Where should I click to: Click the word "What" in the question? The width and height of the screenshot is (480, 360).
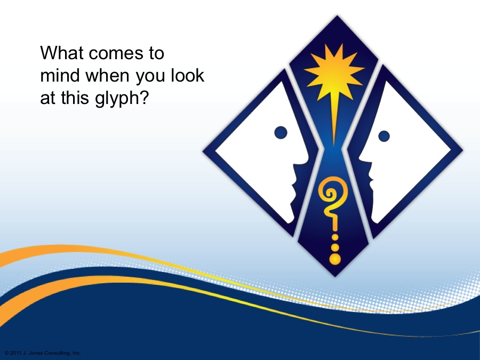click(x=62, y=53)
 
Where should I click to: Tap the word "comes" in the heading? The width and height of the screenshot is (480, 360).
click(x=116, y=54)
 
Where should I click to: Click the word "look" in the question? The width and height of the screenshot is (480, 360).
click(x=187, y=75)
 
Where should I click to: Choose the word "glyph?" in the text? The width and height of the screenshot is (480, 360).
click(x=122, y=99)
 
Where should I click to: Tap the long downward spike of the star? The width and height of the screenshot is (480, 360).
click(x=334, y=119)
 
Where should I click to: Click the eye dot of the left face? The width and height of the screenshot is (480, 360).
click(x=281, y=133)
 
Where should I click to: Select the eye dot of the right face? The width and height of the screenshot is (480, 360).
click(x=384, y=136)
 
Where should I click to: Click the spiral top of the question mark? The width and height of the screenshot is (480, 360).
click(x=332, y=193)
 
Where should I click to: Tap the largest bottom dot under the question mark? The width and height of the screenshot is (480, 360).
click(x=335, y=259)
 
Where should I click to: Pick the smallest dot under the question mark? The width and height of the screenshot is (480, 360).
click(x=335, y=237)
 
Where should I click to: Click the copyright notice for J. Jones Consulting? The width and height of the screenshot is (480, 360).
click(x=43, y=353)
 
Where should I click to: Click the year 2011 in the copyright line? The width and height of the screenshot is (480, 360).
click(x=15, y=353)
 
